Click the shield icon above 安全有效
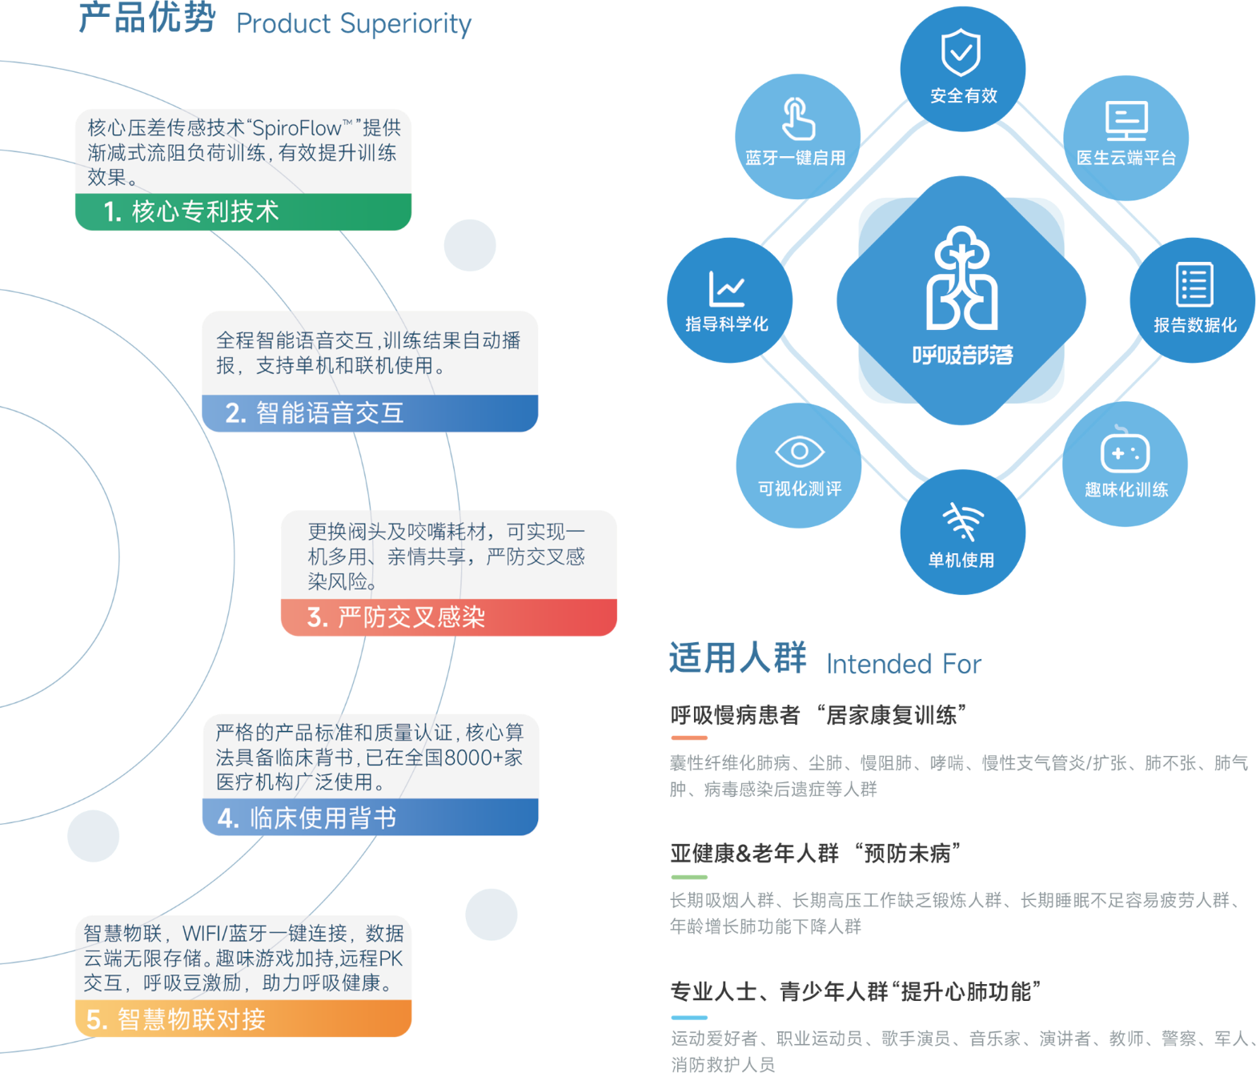click(x=961, y=53)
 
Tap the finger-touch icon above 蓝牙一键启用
click(x=797, y=119)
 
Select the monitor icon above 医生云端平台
click(x=1126, y=121)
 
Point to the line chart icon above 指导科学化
click(x=727, y=288)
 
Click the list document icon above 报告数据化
click(x=1194, y=284)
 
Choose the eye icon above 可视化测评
click(x=799, y=452)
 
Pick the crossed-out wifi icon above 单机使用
click(x=962, y=521)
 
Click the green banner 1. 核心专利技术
click(x=243, y=212)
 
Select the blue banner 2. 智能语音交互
click(x=369, y=413)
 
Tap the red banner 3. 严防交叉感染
click(x=448, y=617)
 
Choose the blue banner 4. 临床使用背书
click(x=370, y=818)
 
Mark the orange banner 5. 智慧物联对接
click(x=243, y=1019)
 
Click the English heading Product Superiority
click(x=354, y=24)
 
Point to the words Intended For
click(x=904, y=664)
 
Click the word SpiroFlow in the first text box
click(x=297, y=128)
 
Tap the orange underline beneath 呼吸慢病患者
click(x=689, y=737)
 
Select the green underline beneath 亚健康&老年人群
click(x=689, y=877)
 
